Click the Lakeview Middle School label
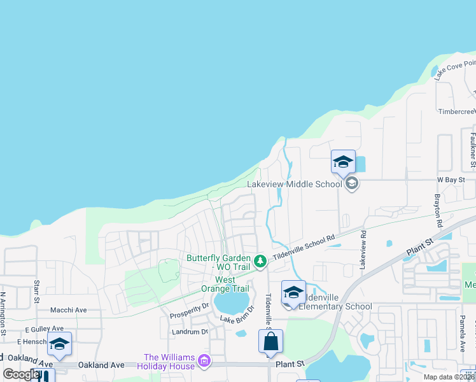(294, 185)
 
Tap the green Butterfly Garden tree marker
(260, 261)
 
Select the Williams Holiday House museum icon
(204, 362)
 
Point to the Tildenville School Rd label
(304, 247)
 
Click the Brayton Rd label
(438, 211)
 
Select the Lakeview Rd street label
(363, 249)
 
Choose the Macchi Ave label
(68, 310)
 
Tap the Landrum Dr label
(190, 332)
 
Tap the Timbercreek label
(456, 111)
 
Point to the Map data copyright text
(448, 377)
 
